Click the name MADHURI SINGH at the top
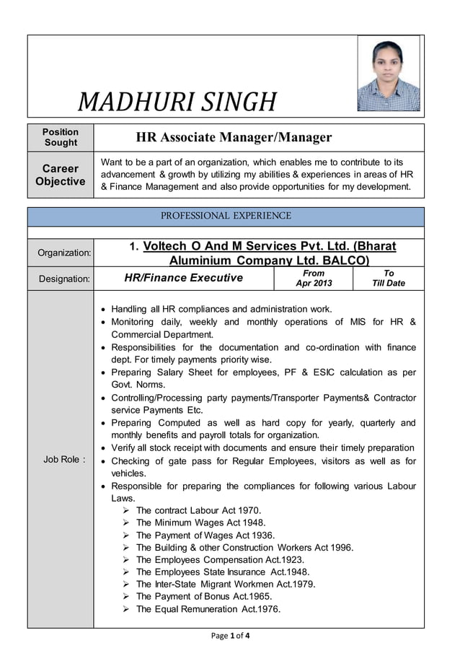click(x=177, y=102)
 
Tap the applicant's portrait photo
click(x=389, y=74)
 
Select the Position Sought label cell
click(x=61, y=137)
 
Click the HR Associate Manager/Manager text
click(x=234, y=137)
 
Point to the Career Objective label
click(x=61, y=175)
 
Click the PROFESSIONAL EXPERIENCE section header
click(x=226, y=216)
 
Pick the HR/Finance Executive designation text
click(x=184, y=278)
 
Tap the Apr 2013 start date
click(x=314, y=284)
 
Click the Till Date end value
click(x=388, y=284)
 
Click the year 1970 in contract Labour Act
click(x=239, y=510)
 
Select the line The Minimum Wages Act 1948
click(x=200, y=523)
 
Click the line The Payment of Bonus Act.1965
click(x=203, y=596)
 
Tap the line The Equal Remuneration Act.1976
click(x=208, y=608)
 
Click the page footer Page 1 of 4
click(x=229, y=636)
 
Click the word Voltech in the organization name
click(x=165, y=246)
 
